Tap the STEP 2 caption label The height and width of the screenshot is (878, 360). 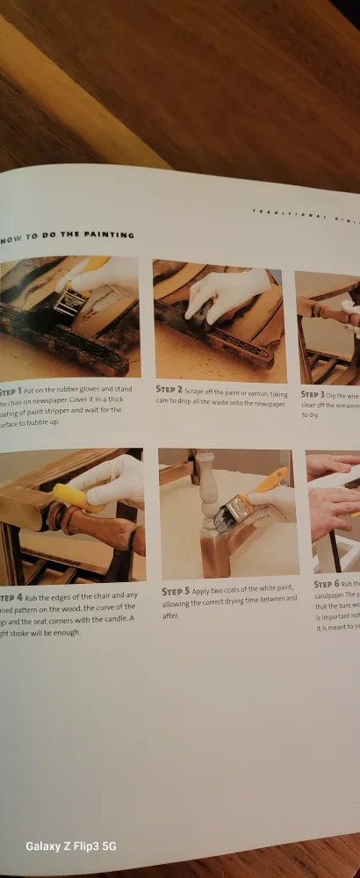169,388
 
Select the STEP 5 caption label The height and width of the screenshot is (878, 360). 176,592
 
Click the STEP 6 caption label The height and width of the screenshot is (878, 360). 330,584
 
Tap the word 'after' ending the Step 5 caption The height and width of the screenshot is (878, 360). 169,616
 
